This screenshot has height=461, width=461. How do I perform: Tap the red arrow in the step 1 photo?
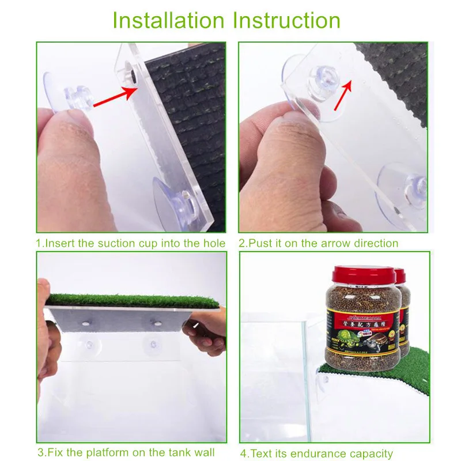115,96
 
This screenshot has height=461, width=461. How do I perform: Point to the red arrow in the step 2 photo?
343,92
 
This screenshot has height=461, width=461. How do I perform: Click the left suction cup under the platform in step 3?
90,345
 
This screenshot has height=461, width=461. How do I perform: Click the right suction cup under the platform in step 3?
153,345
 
